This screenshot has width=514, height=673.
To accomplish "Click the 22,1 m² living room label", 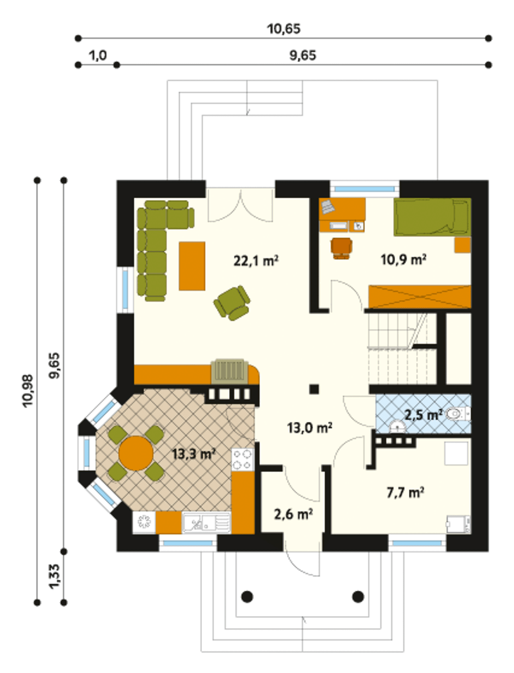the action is [256, 261].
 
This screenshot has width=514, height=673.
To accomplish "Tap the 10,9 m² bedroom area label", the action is [404, 260].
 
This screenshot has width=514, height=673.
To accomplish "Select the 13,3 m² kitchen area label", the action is [194, 454].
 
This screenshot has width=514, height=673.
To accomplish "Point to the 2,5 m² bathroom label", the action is [424, 415].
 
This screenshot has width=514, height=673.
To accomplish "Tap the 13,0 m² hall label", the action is [310, 428].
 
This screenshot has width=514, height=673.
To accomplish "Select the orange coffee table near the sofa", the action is [192, 266].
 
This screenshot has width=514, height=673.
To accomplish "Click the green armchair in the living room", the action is [232, 303].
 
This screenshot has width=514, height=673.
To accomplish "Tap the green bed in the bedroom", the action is [432, 218].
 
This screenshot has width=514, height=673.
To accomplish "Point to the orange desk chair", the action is [341, 248].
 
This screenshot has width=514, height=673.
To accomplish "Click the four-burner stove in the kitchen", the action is [243, 460].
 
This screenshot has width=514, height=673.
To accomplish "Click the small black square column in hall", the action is [314, 389].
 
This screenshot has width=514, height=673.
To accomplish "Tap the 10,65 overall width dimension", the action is [284, 29].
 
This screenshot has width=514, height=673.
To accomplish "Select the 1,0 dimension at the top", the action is [98, 56].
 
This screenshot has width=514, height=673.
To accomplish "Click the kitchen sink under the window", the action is [206, 523].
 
